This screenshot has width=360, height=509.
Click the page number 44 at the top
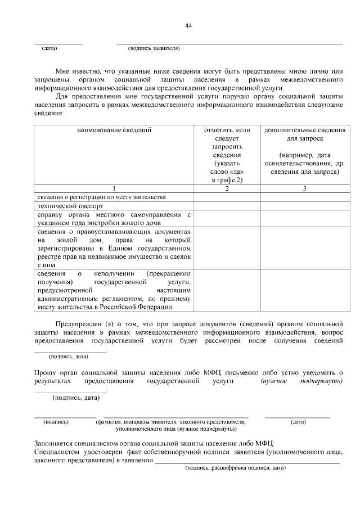[188, 26]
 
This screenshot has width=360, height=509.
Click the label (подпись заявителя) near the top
[154, 48]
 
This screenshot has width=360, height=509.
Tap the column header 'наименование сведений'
[114, 130]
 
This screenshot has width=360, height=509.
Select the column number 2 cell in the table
[226, 188]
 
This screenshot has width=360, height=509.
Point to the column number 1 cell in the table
[114, 188]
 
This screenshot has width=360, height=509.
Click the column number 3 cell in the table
[304, 188]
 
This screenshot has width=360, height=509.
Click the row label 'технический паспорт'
[64, 206]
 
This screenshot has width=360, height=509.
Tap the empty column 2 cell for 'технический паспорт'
[226, 206]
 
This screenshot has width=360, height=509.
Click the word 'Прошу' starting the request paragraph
[44, 373]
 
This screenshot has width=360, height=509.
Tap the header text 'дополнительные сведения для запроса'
[304, 134]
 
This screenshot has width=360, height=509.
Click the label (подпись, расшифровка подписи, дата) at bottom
[236, 468]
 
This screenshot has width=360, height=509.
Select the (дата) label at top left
[49, 48]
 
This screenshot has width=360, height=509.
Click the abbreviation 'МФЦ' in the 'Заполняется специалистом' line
[262, 443]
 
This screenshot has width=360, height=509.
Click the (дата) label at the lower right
[298, 421]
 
